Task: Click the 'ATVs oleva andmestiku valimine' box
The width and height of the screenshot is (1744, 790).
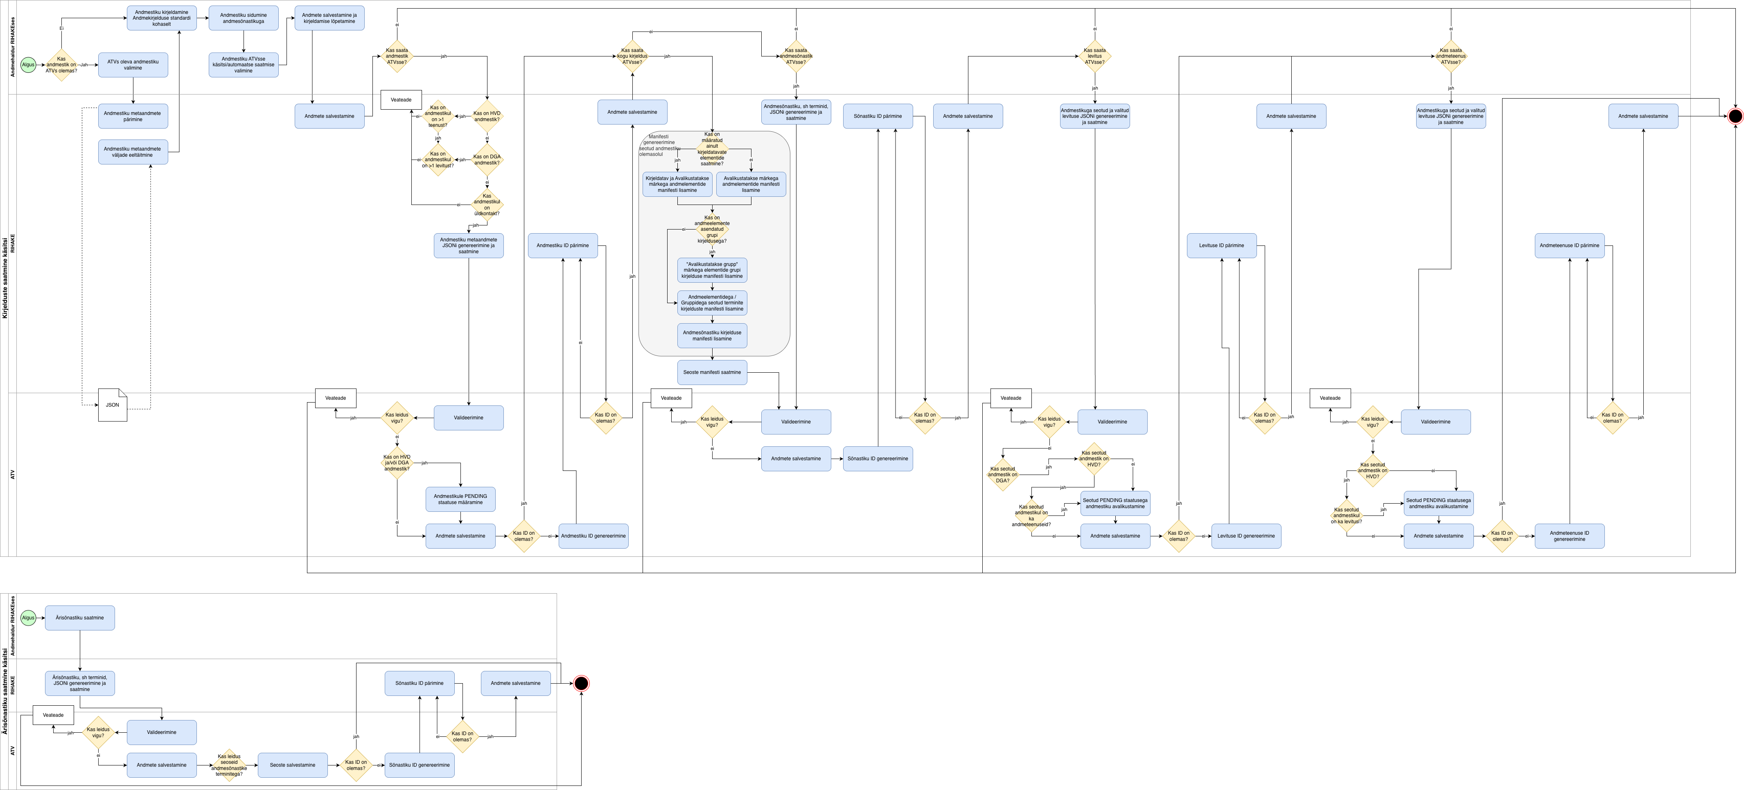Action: pyautogui.click(x=133, y=65)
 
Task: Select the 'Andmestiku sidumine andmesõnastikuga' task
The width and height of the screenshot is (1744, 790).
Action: pyautogui.click(x=243, y=18)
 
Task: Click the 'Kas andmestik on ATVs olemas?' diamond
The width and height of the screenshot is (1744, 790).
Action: pyautogui.click(x=61, y=65)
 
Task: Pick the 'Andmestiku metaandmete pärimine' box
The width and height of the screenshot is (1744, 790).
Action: pyautogui.click(x=133, y=117)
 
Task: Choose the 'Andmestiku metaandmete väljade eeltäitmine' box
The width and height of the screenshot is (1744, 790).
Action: pyautogui.click(x=133, y=152)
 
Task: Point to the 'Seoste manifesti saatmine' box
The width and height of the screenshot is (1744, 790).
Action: pyautogui.click(x=711, y=372)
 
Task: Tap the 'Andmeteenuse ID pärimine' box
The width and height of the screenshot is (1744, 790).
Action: pyautogui.click(x=1569, y=246)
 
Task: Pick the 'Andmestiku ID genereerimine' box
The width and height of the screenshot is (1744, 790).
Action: pyautogui.click(x=593, y=536)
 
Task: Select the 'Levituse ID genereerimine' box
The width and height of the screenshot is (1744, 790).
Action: pyautogui.click(x=1246, y=536)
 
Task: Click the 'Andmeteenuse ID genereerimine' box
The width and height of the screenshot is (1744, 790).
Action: pyautogui.click(x=1569, y=536)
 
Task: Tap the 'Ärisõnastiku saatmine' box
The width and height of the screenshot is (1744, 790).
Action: pyautogui.click(x=80, y=618)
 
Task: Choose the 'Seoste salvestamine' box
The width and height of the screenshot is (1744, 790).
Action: pyautogui.click(x=293, y=765)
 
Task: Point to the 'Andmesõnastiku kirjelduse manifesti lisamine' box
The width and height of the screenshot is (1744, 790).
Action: pyautogui.click(x=711, y=336)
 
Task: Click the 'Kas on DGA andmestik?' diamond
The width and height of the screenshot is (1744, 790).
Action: pyautogui.click(x=487, y=160)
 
